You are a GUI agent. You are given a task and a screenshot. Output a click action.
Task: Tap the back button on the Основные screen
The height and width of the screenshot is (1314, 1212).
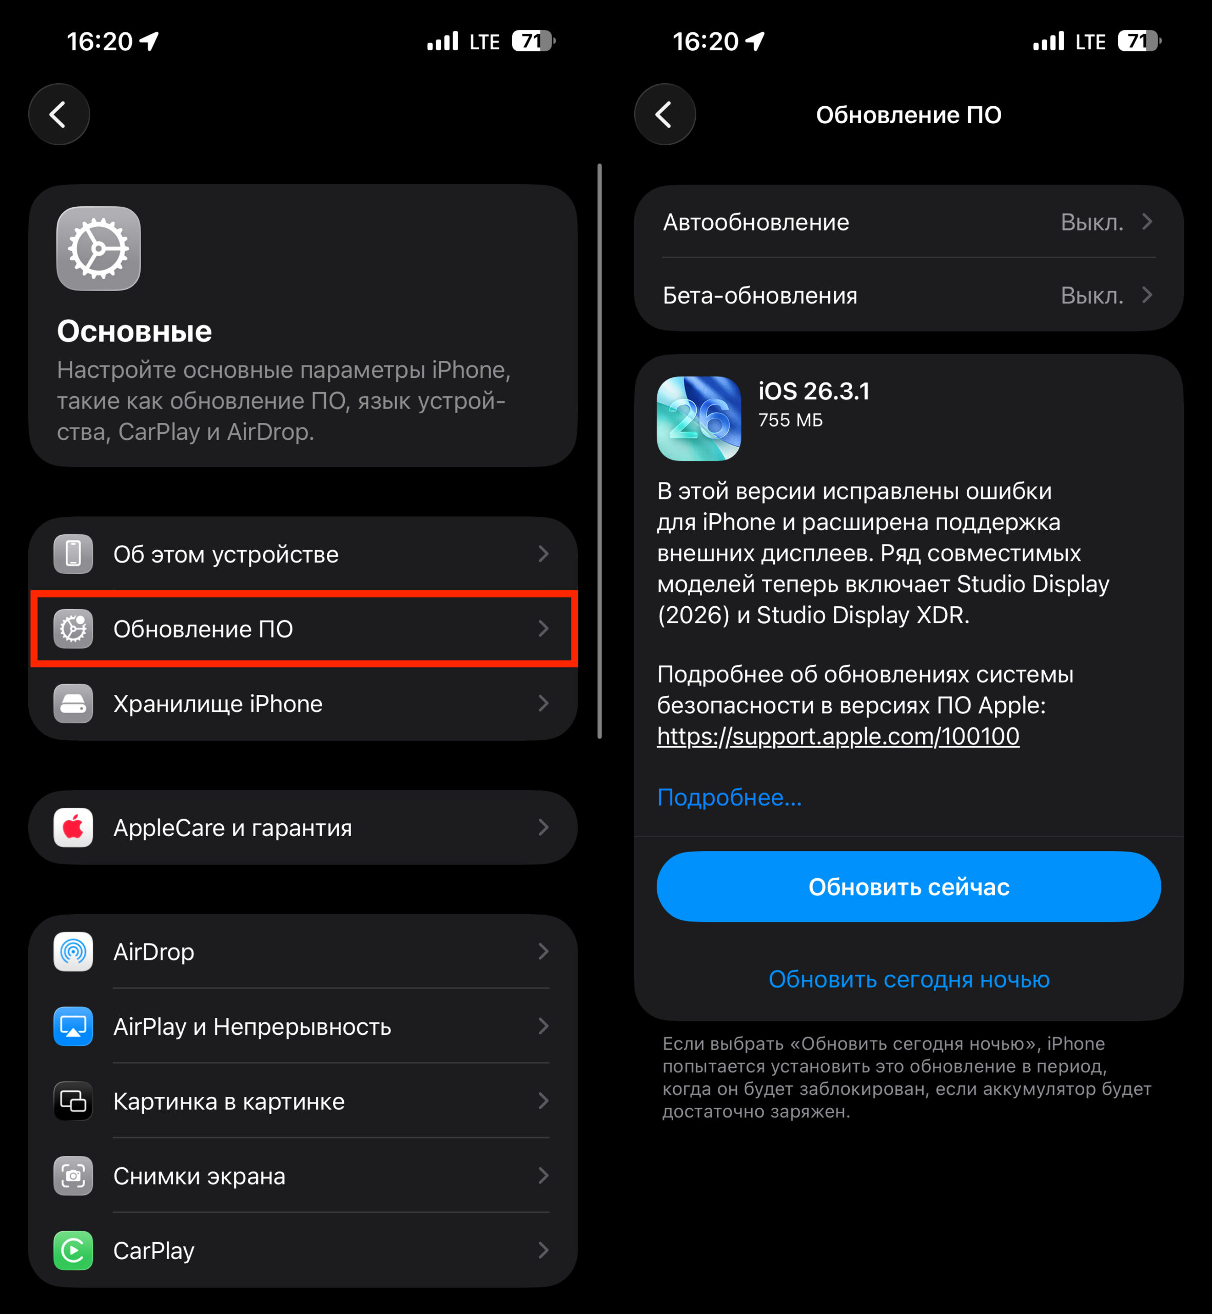(59, 114)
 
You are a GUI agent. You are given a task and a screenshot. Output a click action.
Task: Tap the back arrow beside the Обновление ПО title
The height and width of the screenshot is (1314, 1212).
(664, 114)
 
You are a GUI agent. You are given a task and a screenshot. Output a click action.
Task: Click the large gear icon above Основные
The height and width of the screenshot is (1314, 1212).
(99, 248)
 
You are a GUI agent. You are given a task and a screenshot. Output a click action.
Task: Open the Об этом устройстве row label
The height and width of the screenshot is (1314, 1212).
(226, 554)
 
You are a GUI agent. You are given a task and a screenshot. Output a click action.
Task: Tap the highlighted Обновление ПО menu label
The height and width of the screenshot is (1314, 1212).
(203, 629)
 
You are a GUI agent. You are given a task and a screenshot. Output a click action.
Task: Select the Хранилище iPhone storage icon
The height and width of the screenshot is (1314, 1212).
(73, 703)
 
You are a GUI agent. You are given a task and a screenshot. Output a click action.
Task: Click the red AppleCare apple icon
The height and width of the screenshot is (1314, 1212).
(73, 827)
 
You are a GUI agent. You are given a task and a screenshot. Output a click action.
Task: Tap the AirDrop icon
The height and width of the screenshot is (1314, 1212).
(73, 951)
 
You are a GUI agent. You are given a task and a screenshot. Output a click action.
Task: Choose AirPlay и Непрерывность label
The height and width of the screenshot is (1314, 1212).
(252, 1027)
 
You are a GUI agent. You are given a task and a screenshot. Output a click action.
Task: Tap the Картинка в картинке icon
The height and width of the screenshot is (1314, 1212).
(73, 1101)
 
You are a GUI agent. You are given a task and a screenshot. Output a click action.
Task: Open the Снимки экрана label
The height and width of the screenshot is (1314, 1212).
(200, 1176)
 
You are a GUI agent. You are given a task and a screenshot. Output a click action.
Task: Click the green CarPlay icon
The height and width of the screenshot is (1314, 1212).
(73, 1250)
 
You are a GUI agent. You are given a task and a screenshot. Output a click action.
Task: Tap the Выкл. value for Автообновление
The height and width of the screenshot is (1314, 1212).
(1092, 222)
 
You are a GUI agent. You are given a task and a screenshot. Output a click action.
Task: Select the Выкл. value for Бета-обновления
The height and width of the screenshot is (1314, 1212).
(1092, 296)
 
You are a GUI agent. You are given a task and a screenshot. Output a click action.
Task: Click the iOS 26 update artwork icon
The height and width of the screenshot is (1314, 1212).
(699, 418)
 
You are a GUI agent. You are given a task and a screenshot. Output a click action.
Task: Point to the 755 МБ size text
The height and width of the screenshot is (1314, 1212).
(790, 420)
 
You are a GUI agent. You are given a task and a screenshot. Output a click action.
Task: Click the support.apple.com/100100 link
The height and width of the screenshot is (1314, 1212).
(838, 737)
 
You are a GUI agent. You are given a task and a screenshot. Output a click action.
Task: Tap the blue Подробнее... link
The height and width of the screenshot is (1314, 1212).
(729, 798)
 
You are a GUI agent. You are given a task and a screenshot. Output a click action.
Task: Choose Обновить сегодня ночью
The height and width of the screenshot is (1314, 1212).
(909, 979)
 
